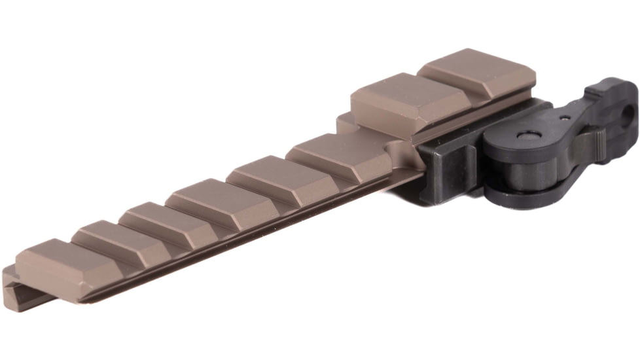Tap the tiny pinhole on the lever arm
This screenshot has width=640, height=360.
pos(564,119)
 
